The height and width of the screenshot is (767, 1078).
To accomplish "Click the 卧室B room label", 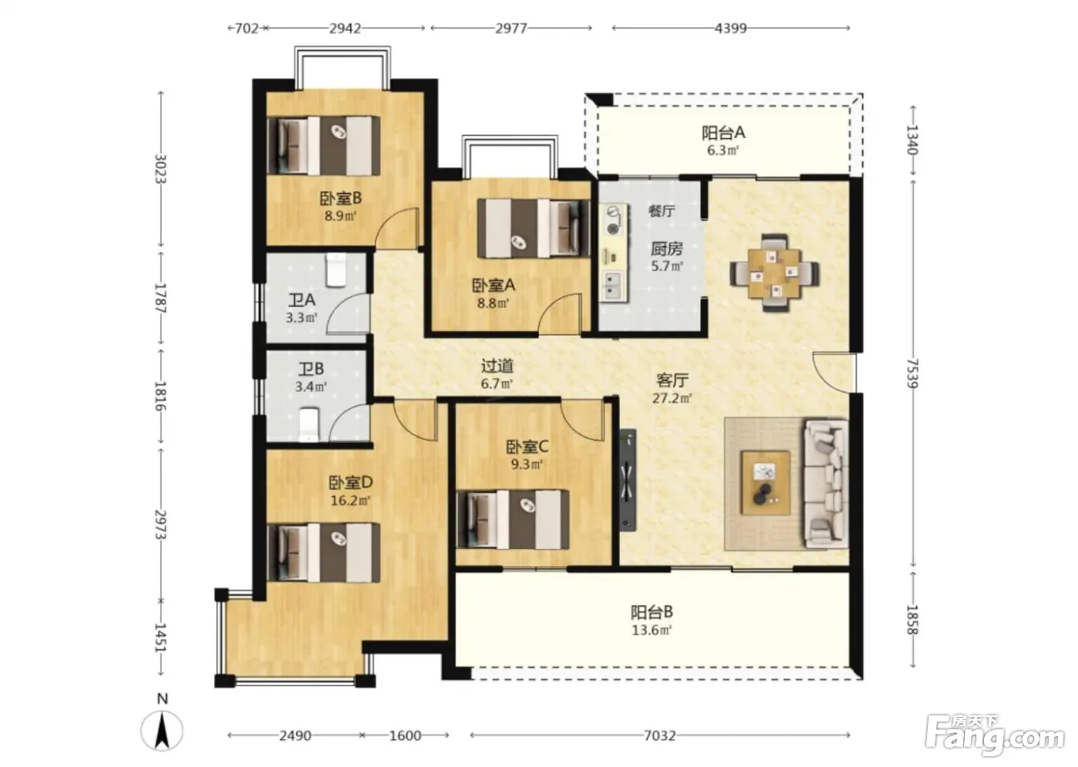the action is [x=340, y=198].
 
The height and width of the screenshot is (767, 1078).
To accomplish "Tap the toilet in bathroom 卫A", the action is [x=336, y=270].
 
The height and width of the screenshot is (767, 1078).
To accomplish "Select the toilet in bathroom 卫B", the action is [x=309, y=424].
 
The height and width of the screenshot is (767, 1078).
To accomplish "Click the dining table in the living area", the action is [x=775, y=273].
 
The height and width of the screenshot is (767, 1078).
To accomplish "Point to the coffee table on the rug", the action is [x=765, y=483].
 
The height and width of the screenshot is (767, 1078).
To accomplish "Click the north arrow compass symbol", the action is [x=162, y=729].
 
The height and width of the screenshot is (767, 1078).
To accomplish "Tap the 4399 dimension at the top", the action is [x=731, y=28].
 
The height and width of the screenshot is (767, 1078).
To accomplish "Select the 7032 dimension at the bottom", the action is [x=660, y=735].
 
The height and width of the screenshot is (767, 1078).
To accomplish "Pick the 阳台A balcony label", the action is [x=723, y=132].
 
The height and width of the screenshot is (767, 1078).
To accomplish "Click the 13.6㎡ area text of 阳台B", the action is [x=651, y=630].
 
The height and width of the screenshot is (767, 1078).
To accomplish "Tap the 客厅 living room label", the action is [x=672, y=380].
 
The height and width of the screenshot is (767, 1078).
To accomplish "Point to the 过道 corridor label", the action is [x=497, y=367].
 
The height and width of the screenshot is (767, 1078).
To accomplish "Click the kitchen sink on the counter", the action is [x=613, y=286].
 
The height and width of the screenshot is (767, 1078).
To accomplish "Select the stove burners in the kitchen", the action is [x=613, y=220].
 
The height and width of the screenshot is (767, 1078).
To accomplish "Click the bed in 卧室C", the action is [x=513, y=520].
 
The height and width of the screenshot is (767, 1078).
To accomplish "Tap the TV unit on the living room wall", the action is [x=628, y=481].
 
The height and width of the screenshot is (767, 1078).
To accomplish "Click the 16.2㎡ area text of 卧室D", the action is [x=350, y=501].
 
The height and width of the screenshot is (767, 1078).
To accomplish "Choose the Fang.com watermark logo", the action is [x=995, y=738].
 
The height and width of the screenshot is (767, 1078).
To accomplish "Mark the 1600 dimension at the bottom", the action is [x=405, y=735].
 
